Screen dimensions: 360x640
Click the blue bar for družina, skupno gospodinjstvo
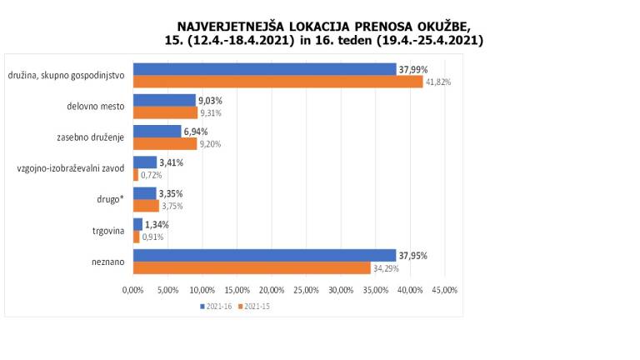[265, 69]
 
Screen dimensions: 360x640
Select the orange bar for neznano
[252, 268]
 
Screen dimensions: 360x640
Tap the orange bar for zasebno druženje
[165, 143]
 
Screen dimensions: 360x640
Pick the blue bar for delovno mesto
[164, 100]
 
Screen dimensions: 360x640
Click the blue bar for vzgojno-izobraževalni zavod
[145, 162]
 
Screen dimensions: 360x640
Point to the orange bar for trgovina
[137, 237]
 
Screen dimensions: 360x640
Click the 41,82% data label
[438, 82]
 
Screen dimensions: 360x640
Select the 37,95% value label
[412, 256]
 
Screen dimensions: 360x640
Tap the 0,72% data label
[151, 175]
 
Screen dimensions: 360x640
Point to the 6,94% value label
[196, 132]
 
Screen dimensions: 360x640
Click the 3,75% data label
[172, 206]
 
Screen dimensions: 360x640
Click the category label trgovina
[108, 231]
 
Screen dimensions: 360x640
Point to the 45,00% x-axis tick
[445, 290]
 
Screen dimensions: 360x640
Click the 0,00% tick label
[133, 290]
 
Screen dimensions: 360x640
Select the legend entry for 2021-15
[256, 307]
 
